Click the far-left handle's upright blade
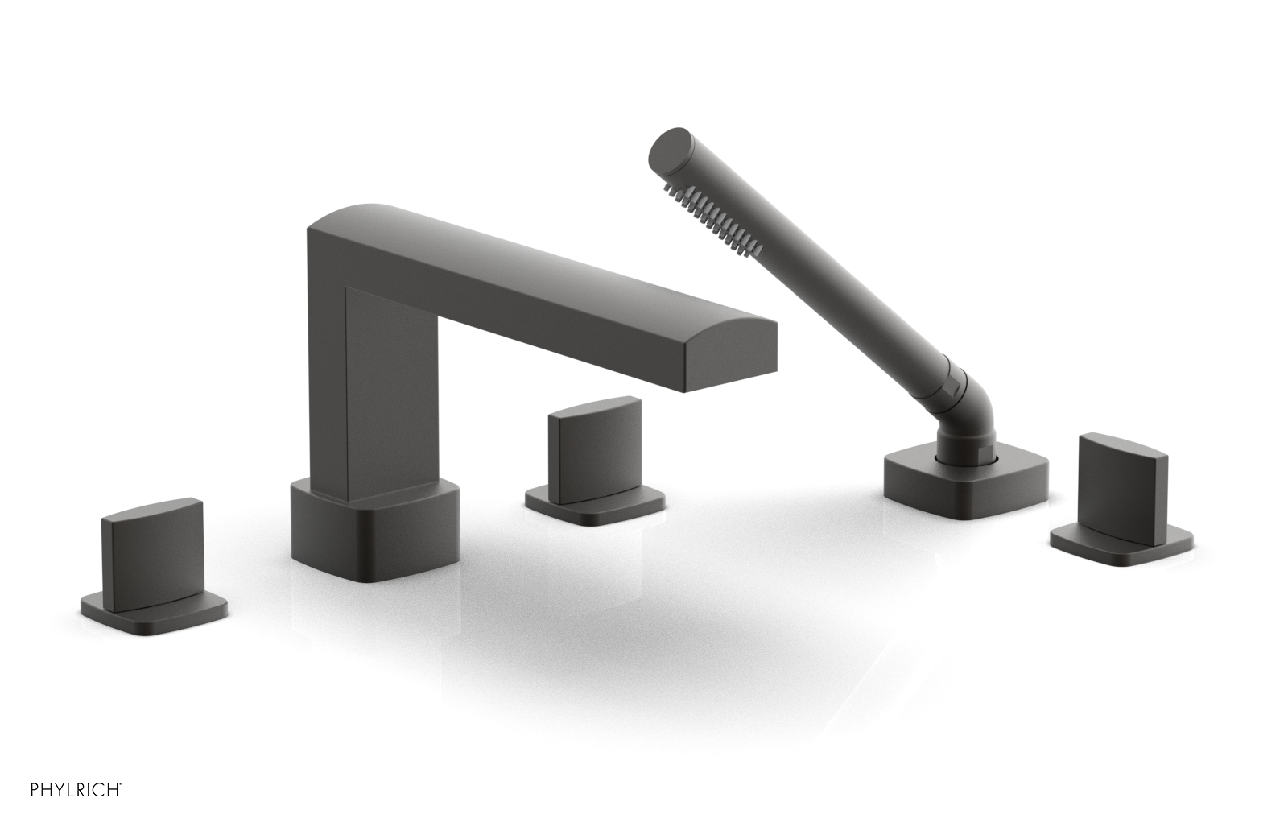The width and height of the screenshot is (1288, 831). coord(151,548)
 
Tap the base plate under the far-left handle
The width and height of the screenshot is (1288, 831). coord(153,604)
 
